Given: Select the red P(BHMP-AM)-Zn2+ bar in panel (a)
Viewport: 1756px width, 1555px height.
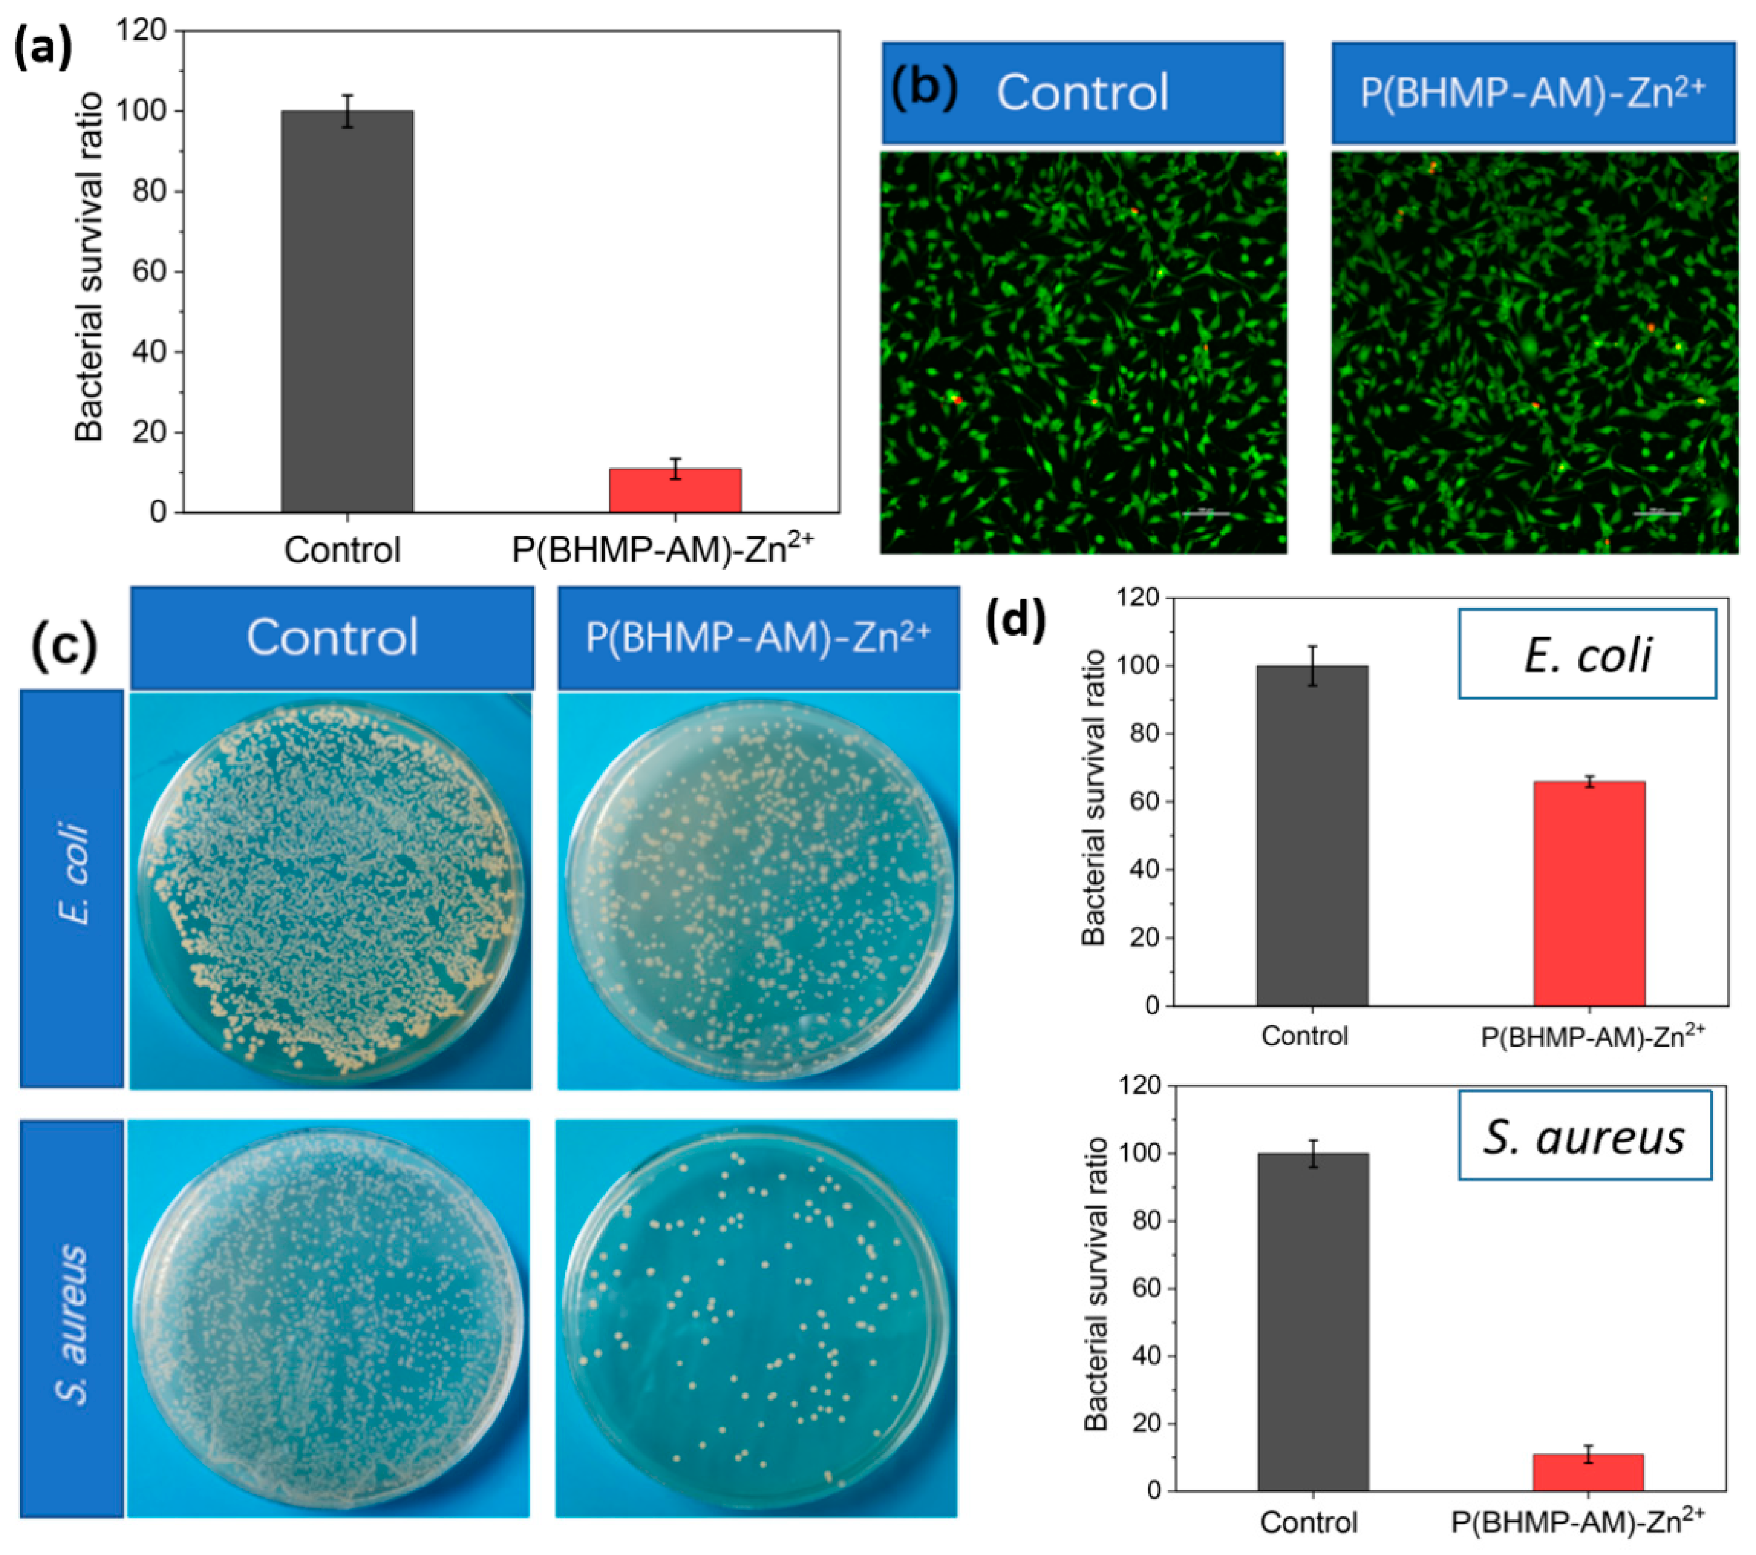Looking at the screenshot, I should coord(675,491).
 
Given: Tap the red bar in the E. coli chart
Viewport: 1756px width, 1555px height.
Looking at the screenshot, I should coord(1589,893).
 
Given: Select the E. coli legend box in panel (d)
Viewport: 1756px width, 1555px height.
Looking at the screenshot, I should coord(1587,654).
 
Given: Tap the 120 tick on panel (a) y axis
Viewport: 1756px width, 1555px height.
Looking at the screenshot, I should coord(144,31).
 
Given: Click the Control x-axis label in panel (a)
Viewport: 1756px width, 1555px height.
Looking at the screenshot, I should coord(342,551).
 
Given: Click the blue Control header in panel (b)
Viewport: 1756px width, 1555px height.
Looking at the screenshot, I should coord(1083,93).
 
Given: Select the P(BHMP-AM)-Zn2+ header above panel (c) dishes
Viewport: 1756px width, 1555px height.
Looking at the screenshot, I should coord(758,637).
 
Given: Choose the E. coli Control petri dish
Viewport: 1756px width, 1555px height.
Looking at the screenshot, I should coord(331,889).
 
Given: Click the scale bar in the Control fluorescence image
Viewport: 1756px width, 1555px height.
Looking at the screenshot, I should coord(1206,513).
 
